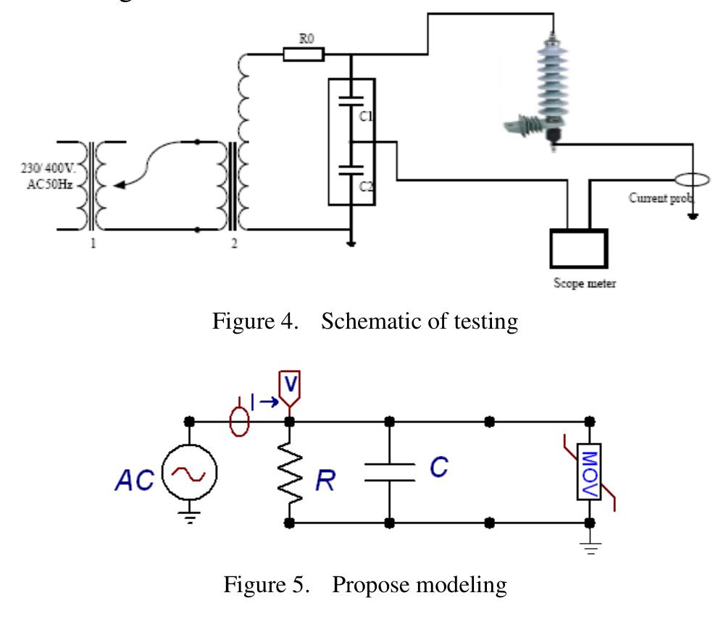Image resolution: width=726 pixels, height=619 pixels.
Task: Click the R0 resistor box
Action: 304,54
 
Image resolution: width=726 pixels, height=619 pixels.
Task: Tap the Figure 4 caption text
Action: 365,321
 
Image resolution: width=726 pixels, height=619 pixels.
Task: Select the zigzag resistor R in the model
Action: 290,471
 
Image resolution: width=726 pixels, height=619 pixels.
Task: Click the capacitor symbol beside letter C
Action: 390,471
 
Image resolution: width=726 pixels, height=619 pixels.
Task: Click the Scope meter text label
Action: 581,285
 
